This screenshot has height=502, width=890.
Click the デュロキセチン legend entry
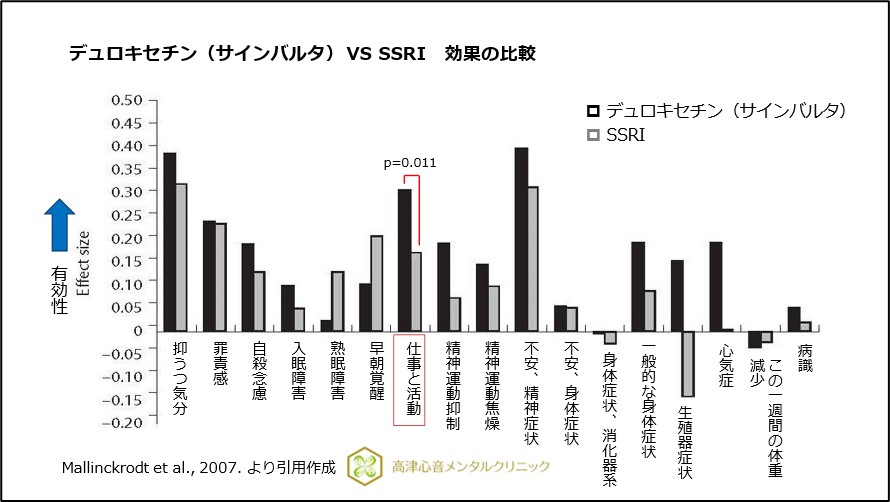pos(715,110)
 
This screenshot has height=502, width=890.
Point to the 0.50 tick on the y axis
pos(127,99)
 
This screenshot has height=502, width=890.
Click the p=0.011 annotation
pos(410,162)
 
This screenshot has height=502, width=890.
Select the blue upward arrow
pos(60,223)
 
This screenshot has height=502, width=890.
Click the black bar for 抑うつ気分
pos(170,241)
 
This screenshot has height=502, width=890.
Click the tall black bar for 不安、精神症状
pos(521,238)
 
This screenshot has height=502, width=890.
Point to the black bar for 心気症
pos(716,285)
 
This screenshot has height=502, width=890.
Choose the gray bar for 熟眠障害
pos(337,300)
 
